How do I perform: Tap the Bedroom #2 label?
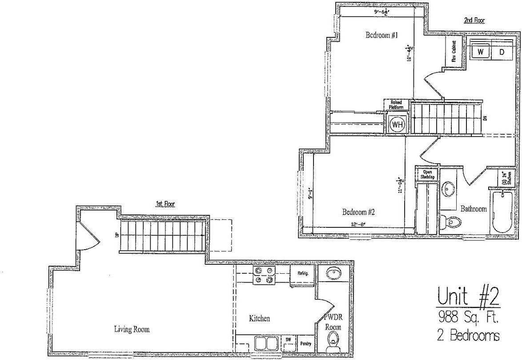(359, 212)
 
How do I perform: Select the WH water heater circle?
(397, 125)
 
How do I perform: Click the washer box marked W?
(481, 52)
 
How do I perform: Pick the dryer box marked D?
(502, 52)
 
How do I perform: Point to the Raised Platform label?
(396, 105)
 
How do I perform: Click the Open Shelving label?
(427, 174)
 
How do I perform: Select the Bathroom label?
(473, 209)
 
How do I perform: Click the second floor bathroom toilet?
(454, 221)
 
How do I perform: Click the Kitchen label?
(259, 318)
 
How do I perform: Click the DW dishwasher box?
(288, 340)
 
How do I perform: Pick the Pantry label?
(305, 343)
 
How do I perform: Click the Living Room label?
(132, 329)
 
